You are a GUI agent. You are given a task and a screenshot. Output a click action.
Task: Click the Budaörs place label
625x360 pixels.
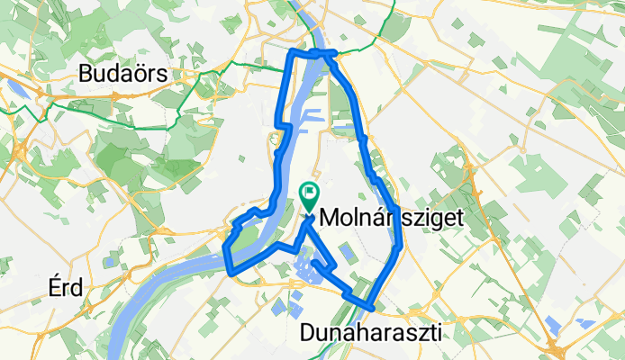click(123, 74)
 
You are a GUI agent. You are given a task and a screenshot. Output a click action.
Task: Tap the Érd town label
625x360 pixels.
click(68, 288)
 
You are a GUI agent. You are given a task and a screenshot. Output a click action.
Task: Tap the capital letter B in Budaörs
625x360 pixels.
click(87, 74)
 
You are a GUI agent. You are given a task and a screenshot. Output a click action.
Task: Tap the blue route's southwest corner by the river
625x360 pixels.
click(231, 270)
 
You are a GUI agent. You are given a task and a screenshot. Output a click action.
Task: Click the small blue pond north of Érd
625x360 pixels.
click(108, 262)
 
